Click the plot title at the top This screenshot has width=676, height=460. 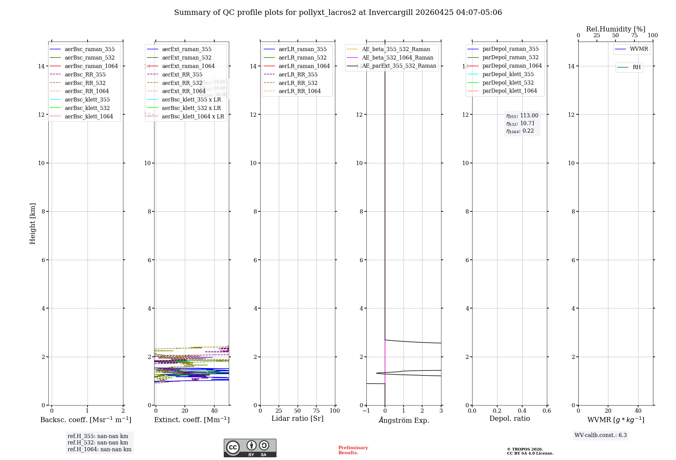click(338, 13)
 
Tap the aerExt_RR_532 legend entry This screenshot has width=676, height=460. click(182, 83)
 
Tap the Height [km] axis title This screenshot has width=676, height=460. click(32, 223)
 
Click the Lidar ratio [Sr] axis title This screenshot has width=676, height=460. click(297, 418)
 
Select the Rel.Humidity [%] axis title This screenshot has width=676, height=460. click(615, 29)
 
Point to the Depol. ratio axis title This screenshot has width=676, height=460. click(509, 418)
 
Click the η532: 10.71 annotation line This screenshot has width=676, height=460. click(521, 123)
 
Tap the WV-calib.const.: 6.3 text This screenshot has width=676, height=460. click(600, 435)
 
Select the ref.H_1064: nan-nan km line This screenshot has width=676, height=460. click(99, 450)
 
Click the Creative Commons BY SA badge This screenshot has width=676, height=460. click(250, 448)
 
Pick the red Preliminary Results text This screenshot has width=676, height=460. click(353, 450)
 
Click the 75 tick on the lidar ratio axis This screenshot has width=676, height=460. click(316, 411)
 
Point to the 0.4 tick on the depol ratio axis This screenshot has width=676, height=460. click(522, 411)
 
